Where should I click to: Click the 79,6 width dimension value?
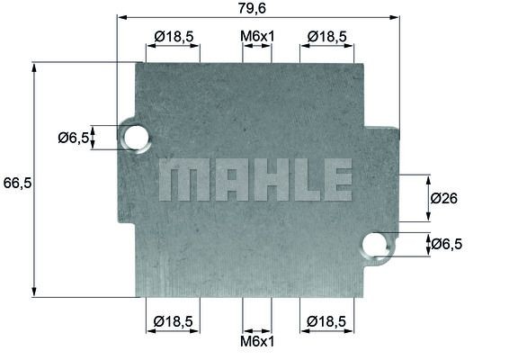click(256, 8)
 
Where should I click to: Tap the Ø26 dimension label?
click(444, 199)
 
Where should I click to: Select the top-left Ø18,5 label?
click(174, 36)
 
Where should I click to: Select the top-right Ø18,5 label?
click(326, 36)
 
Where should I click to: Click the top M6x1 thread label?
click(257, 36)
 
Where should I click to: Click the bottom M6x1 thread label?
click(257, 342)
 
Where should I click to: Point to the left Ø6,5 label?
click(74, 138)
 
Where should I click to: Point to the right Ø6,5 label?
click(446, 244)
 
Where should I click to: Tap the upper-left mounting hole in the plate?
click(136, 137)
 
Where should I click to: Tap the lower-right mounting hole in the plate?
click(377, 244)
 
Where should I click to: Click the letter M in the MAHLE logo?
click(177, 180)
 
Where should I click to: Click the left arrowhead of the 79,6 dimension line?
click(121, 17)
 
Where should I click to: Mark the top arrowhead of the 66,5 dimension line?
click(35, 67)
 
